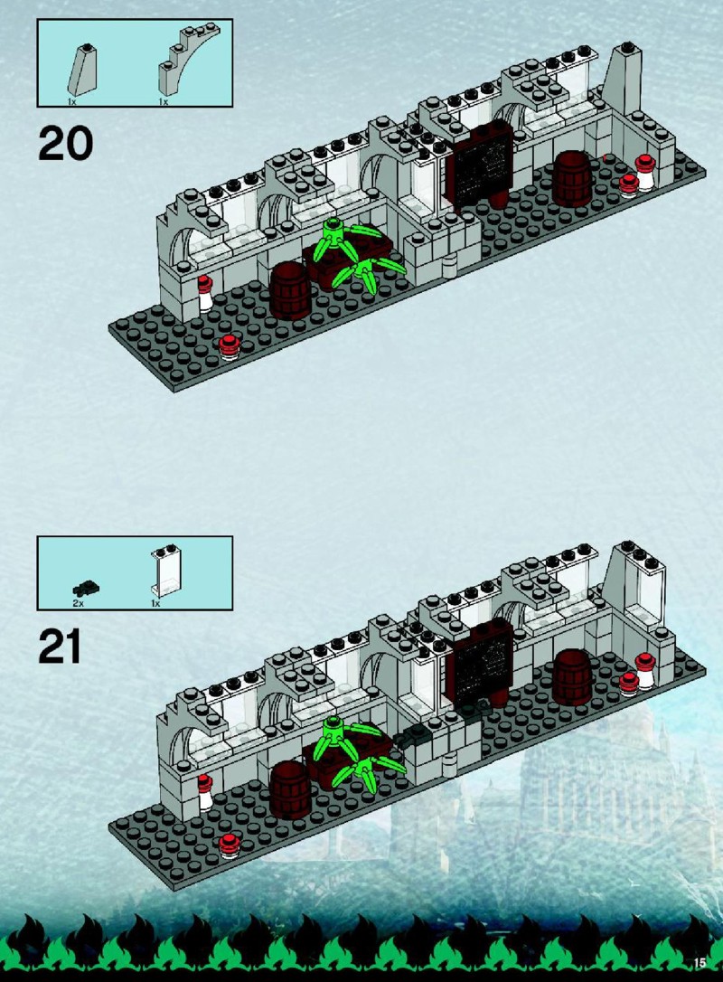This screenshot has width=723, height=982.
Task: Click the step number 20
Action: pyautogui.click(x=66, y=143)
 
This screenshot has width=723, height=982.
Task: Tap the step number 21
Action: pyautogui.click(x=60, y=647)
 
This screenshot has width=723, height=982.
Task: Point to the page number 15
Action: pyautogui.click(x=700, y=963)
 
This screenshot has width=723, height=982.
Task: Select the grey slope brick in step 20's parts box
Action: pyautogui.click(x=82, y=71)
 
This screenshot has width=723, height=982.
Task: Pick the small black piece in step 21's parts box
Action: pyautogui.click(x=87, y=588)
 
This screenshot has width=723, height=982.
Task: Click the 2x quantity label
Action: pyautogui.click(x=79, y=603)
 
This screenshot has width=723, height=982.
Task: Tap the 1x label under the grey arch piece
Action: pyautogui.click(x=164, y=101)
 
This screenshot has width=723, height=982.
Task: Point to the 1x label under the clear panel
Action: pyautogui.click(x=155, y=603)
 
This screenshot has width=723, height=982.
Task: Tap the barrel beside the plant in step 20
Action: pyautogui.click(x=290, y=291)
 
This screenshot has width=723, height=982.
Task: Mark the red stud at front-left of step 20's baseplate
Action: pyautogui.click(x=230, y=346)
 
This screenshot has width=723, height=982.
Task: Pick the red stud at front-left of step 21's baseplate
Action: pyautogui.click(x=230, y=846)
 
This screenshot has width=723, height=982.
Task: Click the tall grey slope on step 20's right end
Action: pyautogui.click(x=623, y=79)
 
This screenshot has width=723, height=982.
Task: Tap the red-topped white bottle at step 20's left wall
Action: pyautogui.click(x=205, y=295)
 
